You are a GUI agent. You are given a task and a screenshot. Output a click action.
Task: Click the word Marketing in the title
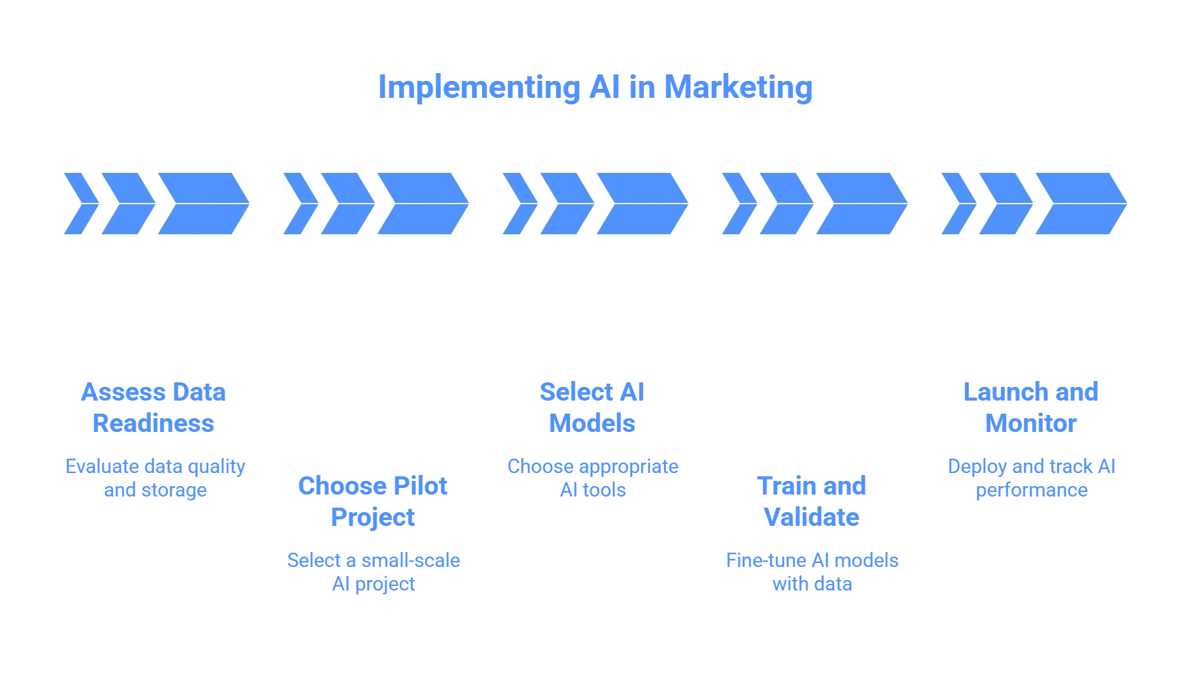[738, 87]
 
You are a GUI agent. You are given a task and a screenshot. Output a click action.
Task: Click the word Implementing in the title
[479, 87]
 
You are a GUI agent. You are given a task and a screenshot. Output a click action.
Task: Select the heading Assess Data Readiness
[153, 408]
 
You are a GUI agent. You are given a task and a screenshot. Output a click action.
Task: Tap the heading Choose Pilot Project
[373, 502]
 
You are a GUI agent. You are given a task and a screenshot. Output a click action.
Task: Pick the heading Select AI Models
[592, 408]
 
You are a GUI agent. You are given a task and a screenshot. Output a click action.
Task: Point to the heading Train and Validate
[812, 502]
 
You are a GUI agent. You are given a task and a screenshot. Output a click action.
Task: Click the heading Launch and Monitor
[1031, 408]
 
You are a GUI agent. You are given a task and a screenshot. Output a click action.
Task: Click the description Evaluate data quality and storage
[155, 478]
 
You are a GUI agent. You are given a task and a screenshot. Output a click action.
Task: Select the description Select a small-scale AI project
[373, 572]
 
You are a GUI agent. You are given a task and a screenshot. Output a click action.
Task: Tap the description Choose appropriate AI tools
[593, 478]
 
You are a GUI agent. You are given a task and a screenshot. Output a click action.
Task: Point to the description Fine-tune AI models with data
[812, 572]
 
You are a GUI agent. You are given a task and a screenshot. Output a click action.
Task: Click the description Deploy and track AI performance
[1032, 478]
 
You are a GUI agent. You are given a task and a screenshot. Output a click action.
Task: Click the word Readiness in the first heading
[153, 423]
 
